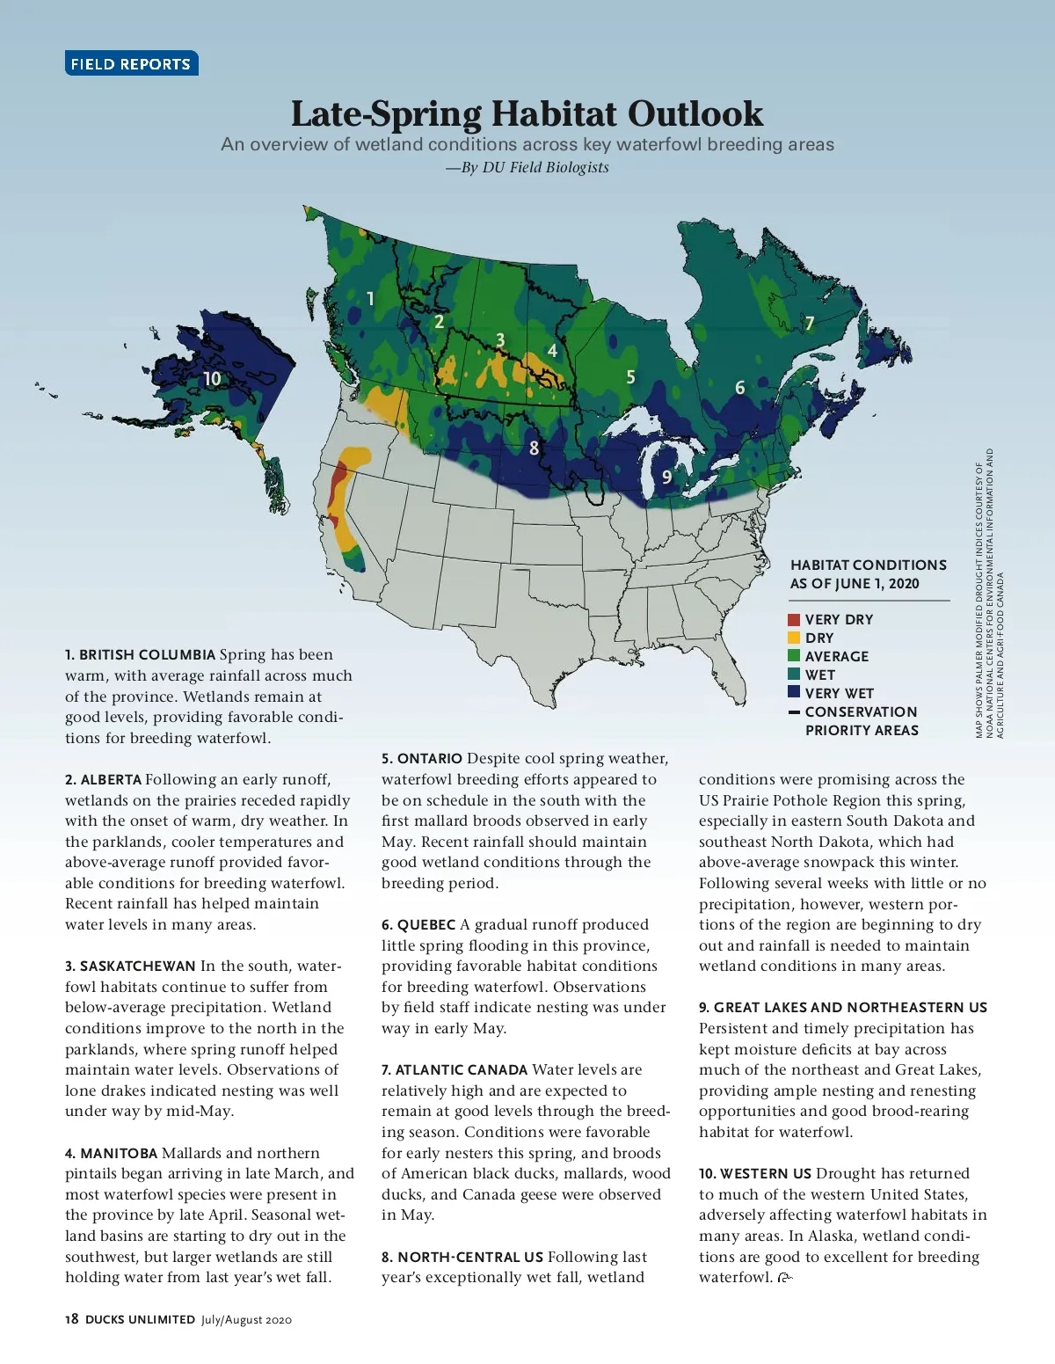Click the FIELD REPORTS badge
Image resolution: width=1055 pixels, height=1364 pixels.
tap(131, 63)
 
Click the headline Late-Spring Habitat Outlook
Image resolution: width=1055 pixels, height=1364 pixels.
tap(527, 113)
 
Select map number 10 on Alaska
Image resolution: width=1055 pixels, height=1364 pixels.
tap(212, 379)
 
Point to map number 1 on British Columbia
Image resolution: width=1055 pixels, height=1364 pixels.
tap(370, 299)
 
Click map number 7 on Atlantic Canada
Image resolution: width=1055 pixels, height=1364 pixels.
tap(810, 324)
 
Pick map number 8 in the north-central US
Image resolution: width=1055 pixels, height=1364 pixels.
tap(534, 449)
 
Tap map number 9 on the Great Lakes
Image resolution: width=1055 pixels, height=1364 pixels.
tap(666, 477)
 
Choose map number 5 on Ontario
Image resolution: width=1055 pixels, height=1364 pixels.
tap(630, 377)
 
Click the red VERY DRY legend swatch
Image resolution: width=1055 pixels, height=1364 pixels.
tap(794, 620)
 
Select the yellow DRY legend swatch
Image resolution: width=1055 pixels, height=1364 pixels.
tap(794, 638)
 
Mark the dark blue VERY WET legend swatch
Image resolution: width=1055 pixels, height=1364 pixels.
tap(794, 693)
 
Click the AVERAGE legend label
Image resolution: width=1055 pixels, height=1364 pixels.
tap(836, 657)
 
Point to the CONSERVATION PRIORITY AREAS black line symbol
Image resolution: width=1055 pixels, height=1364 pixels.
tap(794, 712)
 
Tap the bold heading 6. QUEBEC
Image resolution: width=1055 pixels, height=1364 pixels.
tap(418, 925)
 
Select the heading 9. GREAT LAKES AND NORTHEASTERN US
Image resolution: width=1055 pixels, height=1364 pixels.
tap(842, 1008)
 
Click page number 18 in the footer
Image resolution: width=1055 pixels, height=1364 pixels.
tap(72, 1319)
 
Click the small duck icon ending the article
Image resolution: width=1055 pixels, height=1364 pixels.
tap(785, 1278)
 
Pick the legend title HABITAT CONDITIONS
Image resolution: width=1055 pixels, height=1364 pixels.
tap(868, 565)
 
